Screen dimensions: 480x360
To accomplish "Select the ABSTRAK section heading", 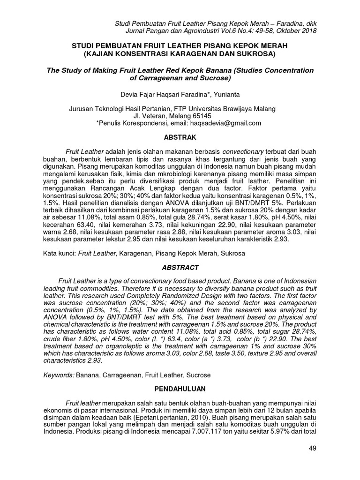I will point(180,138).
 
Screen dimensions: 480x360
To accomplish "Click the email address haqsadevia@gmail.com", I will point(225,123).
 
